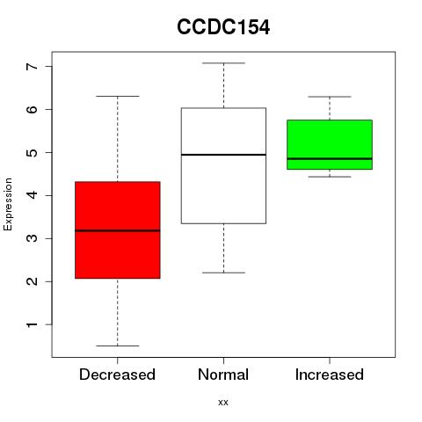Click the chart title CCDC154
click(223, 27)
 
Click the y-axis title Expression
click(8, 204)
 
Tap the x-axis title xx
click(223, 403)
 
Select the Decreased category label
click(117, 375)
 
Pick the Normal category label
click(223, 375)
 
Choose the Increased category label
click(330, 375)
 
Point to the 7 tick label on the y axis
click(32, 67)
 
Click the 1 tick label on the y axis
click(32, 324)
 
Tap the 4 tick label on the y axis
click(32, 195)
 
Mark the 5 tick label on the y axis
click(32, 152)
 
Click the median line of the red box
click(118, 230)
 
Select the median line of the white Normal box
click(223, 155)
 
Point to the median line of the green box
click(330, 158)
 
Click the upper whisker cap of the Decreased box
click(118, 96)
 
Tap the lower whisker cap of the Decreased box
click(118, 346)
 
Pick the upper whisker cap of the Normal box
click(223, 63)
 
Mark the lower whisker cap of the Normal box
click(223, 273)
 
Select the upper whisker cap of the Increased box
click(330, 97)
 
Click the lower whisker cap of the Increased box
click(330, 177)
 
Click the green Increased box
click(330, 144)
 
